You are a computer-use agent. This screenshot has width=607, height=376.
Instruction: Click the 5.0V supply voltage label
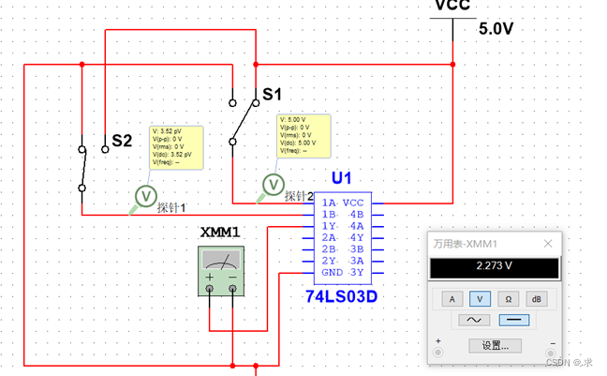point(496,28)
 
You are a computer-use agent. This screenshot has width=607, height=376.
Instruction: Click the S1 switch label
point(272,94)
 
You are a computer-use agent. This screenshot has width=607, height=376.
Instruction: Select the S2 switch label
point(122,141)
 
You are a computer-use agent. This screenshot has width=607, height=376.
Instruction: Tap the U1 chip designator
point(341,178)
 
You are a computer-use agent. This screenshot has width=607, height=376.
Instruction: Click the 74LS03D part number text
point(341,295)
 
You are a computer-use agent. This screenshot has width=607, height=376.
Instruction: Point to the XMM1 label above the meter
point(220,232)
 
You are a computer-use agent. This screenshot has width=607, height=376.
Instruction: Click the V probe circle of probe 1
point(146,194)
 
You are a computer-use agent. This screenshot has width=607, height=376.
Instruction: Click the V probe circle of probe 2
point(273,184)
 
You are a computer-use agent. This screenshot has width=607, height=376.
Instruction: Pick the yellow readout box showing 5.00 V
point(303,134)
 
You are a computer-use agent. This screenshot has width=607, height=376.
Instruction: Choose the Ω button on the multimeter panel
point(509,299)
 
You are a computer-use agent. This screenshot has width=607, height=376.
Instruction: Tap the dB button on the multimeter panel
point(537,299)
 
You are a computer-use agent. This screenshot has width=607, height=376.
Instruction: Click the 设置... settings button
point(495,345)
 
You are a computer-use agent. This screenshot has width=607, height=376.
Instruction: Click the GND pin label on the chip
point(332,272)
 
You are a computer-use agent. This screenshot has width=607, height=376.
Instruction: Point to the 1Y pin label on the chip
point(329,226)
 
